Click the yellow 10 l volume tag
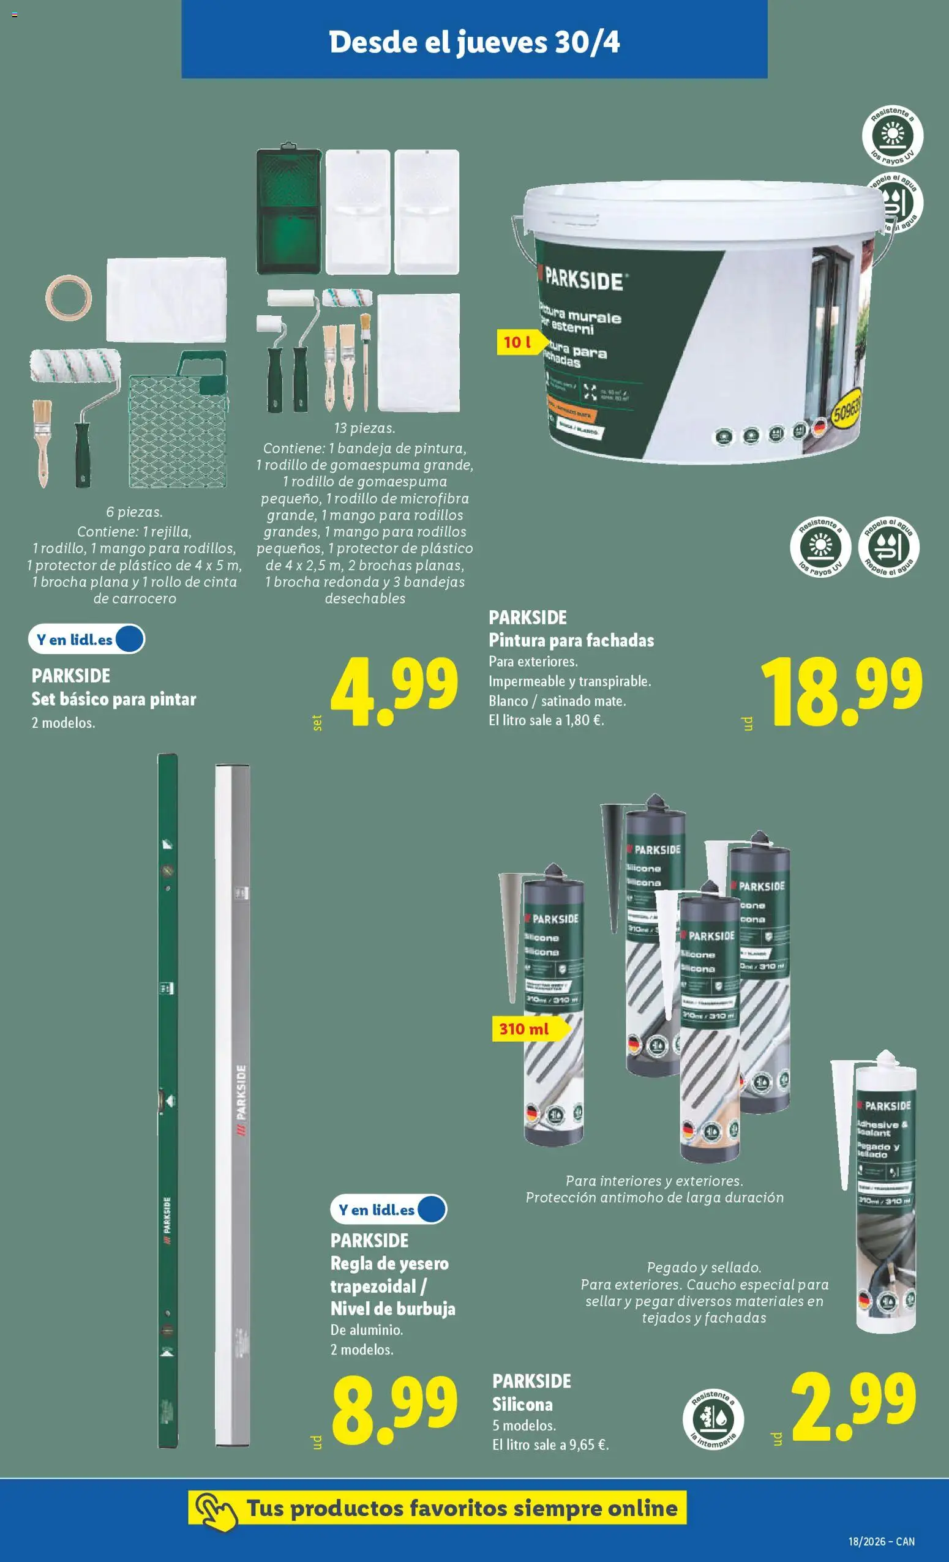pyautogui.click(x=519, y=343)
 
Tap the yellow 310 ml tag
pyautogui.click(x=525, y=1028)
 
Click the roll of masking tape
pyautogui.click(x=69, y=297)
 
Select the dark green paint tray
pyautogui.click(x=288, y=211)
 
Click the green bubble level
pyautogui.click(x=167, y=1103)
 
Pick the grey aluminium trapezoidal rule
pyautogui.click(x=233, y=1109)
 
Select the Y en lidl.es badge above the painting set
pyautogui.click(x=86, y=640)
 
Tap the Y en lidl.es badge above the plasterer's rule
pyautogui.click(x=388, y=1209)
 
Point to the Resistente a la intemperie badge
pyautogui.click(x=713, y=1420)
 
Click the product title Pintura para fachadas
pyautogui.click(x=571, y=640)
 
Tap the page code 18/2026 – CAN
pyautogui.click(x=881, y=1542)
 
